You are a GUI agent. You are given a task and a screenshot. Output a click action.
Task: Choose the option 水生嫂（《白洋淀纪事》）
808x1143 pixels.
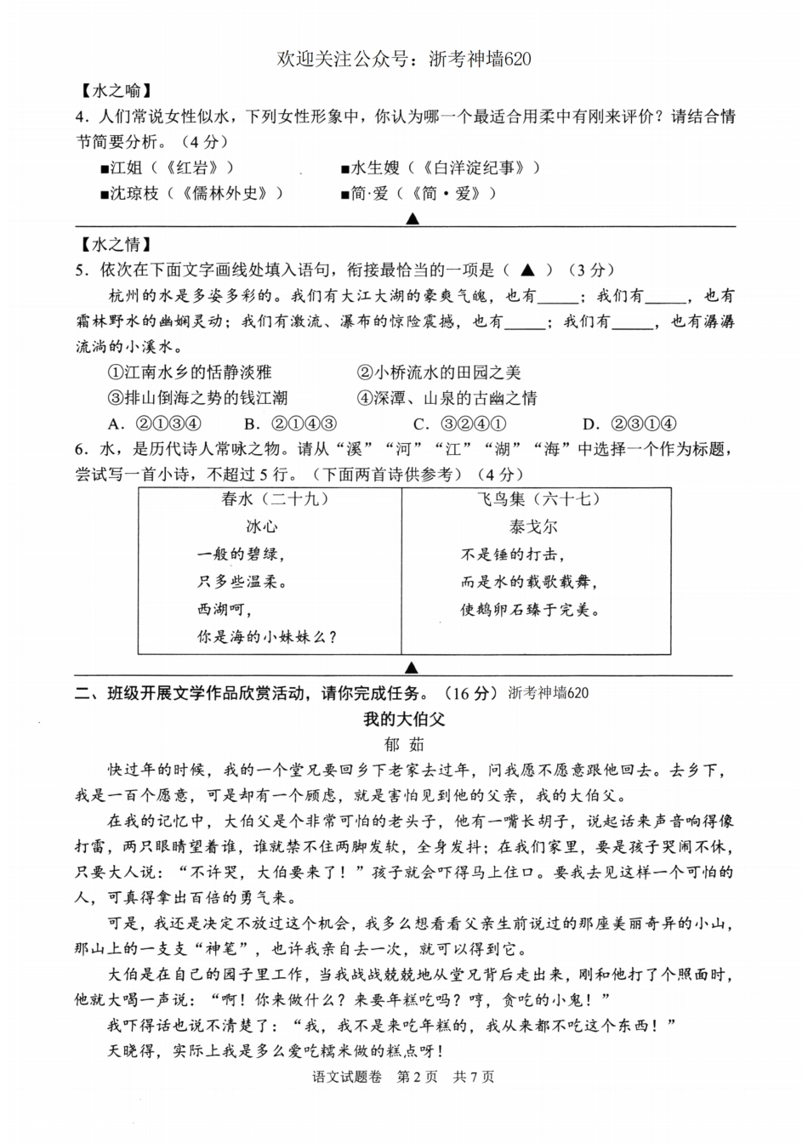click(x=440, y=168)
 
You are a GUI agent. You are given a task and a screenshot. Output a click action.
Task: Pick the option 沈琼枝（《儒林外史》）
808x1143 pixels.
click(x=191, y=193)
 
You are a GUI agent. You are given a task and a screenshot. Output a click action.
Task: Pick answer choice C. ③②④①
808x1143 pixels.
click(x=460, y=424)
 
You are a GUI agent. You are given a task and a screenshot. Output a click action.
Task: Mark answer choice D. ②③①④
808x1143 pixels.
click(x=629, y=424)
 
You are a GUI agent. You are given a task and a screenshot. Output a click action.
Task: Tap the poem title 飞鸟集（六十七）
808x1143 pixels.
click(x=538, y=499)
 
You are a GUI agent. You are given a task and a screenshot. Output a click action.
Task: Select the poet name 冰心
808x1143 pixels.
click(x=262, y=526)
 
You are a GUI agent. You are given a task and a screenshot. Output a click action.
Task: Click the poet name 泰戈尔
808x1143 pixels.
click(x=533, y=526)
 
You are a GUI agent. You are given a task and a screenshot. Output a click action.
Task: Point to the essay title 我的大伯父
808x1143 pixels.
click(x=404, y=719)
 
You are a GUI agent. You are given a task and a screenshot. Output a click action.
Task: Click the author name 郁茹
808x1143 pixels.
click(x=404, y=745)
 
